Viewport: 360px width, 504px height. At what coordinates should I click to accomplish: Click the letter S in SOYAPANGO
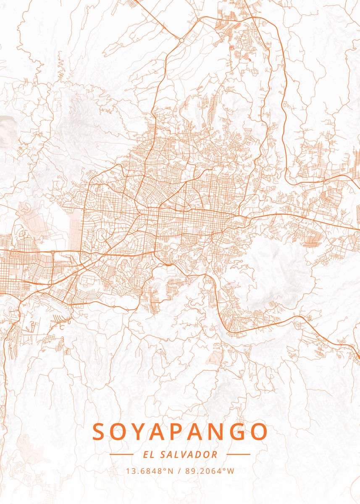pyautogui.click(x=100, y=432)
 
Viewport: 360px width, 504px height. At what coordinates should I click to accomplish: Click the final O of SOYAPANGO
pyautogui.click(x=259, y=432)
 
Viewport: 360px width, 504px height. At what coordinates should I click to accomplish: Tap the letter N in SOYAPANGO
pyautogui.click(x=218, y=432)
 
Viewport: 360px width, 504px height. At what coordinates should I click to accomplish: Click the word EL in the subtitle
pyautogui.click(x=148, y=454)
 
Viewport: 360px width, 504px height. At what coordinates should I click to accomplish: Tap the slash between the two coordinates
pyautogui.click(x=180, y=471)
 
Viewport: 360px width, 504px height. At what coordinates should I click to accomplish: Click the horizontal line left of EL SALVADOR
pyautogui.click(x=121, y=454)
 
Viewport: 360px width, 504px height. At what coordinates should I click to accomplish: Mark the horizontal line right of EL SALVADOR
pyautogui.click(x=238, y=454)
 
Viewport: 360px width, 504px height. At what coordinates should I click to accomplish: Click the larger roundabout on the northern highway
pyautogui.click(x=181, y=40)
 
